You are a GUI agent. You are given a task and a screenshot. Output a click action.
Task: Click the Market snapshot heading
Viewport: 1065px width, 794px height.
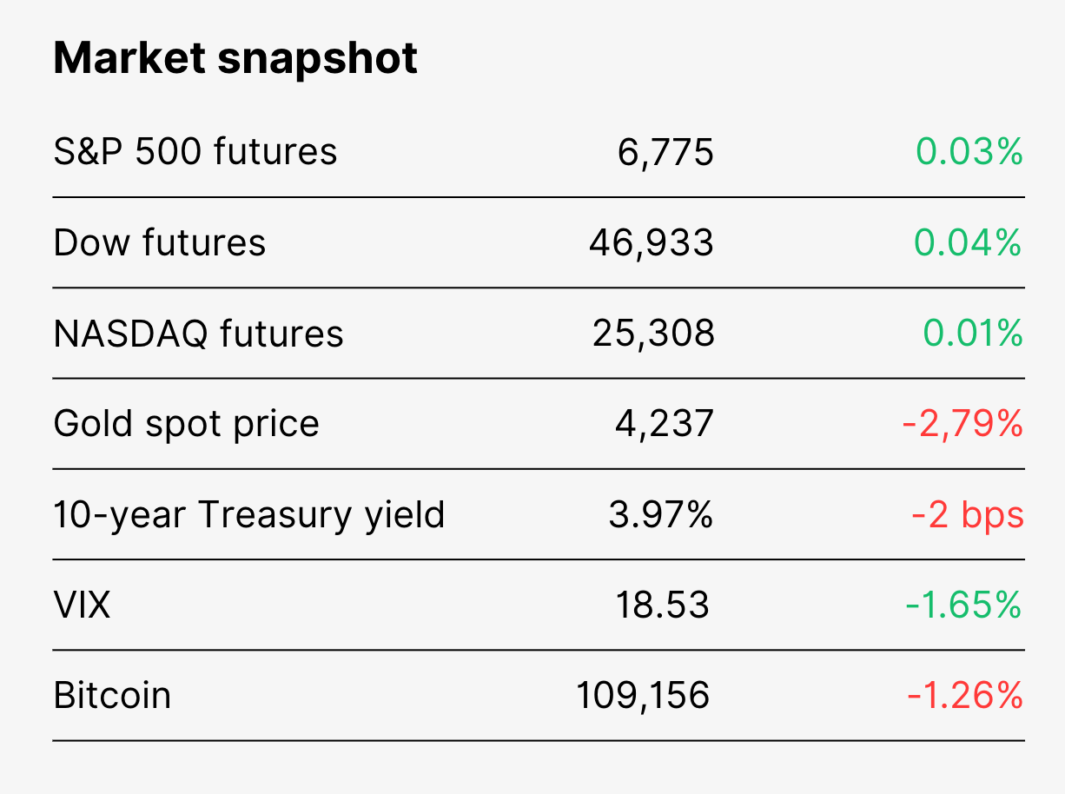(x=235, y=59)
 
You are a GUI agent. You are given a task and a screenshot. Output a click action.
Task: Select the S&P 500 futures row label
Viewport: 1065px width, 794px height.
(x=195, y=151)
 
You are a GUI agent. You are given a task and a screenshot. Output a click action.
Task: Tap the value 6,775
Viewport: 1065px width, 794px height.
(x=665, y=152)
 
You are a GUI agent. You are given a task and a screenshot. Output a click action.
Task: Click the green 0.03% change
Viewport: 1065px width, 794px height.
(x=969, y=151)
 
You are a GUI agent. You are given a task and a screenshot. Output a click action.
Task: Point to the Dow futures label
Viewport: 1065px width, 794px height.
(x=160, y=242)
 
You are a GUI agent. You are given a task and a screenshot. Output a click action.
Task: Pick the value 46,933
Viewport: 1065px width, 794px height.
(x=652, y=243)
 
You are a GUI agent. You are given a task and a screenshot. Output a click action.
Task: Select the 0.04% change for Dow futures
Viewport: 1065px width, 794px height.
(x=968, y=242)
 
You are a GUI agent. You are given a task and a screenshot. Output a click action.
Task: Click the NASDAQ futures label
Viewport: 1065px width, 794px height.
(x=198, y=334)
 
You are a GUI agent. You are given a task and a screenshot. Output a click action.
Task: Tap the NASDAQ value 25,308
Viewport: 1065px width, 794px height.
(x=653, y=334)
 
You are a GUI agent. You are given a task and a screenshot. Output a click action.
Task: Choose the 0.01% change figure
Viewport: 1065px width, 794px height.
(x=972, y=333)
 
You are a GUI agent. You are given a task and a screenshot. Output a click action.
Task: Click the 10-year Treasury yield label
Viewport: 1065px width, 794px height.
(x=249, y=515)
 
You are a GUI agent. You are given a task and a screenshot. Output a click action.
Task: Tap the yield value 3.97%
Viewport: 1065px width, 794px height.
(x=661, y=514)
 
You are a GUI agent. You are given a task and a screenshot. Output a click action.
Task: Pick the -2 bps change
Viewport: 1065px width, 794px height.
(x=968, y=514)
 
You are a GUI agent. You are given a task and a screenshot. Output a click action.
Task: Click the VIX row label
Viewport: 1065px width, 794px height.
(x=82, y=605)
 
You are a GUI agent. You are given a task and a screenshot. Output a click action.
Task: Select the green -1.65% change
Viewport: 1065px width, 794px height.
(x=963, y=605)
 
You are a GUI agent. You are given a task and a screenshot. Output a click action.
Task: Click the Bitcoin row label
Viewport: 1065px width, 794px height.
(x=112, y=695)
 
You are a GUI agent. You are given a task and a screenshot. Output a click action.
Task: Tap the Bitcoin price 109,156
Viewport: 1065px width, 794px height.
(x=643, y=696)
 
